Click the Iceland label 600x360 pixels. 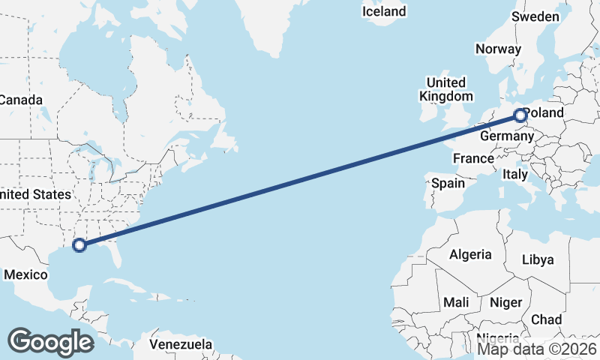383,11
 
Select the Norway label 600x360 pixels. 498,49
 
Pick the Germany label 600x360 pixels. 506,136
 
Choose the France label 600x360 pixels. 473,158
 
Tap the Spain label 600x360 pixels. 448,183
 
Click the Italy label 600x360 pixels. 515,174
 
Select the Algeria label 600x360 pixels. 470,254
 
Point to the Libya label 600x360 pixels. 538,259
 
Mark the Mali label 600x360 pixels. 456,302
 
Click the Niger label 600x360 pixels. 505,302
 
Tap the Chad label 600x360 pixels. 546,319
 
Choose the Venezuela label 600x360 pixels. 180,344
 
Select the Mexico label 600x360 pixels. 25,275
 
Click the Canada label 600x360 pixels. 21,100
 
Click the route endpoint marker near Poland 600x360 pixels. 520,115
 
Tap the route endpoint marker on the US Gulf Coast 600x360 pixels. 79,244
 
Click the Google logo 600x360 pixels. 51,342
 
